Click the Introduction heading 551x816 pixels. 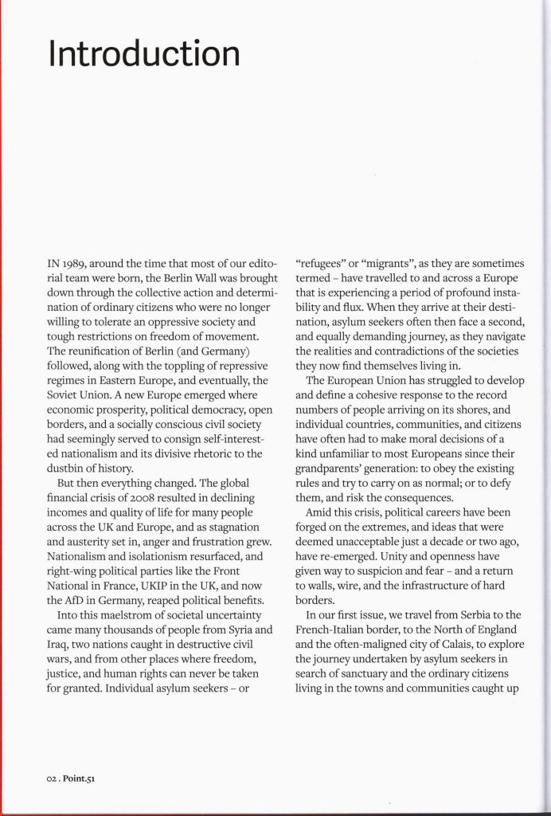point(144,54)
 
